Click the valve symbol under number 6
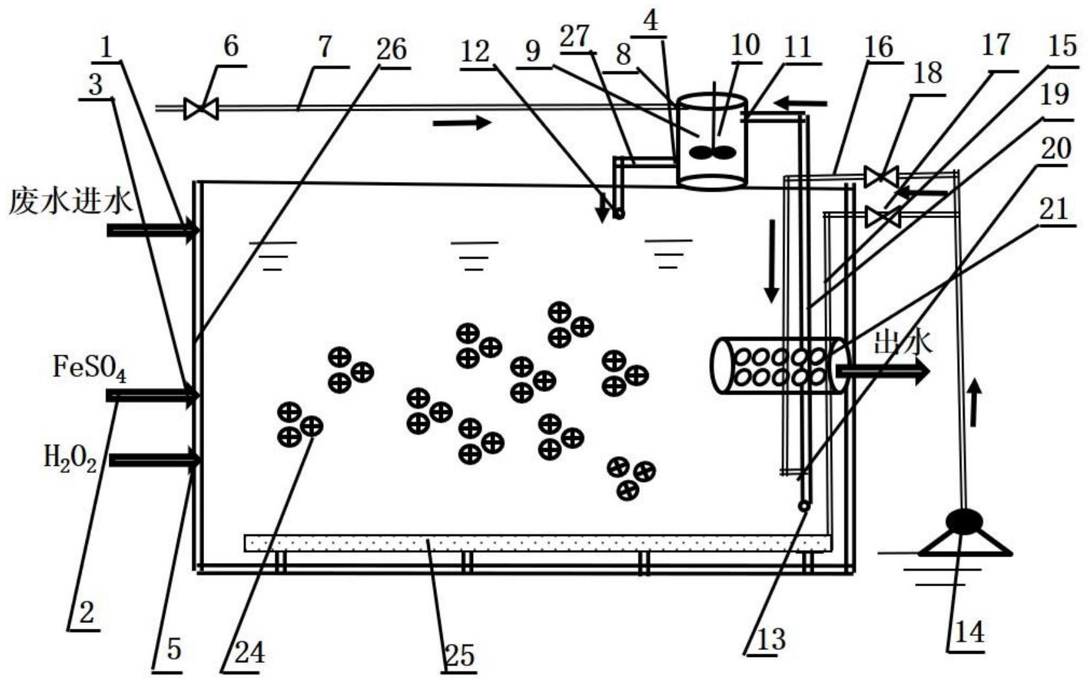click(201, 108)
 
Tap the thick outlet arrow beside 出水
click(883, 371)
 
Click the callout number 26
click(391, 50)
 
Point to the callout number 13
click(770, 640)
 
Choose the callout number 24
click(249, 652)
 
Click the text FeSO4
click(89, 368)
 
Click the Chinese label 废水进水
click(70, 201)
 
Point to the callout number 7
click(325, 47)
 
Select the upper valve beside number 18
click(881, 176)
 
